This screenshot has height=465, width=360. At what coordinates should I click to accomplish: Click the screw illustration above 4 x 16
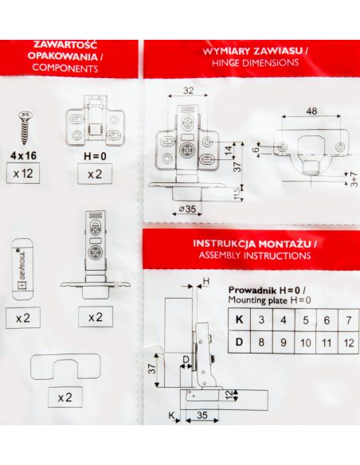pyautogui.click(x=25, y=128)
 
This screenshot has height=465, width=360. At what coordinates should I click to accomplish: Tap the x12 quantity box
pyautogui.click(x=23, y=174)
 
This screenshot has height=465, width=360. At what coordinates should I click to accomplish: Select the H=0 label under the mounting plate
pyautogui.click(x=95, y=156)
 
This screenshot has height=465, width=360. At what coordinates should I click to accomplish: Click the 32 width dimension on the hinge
pyautogui.click(x=188, y=91)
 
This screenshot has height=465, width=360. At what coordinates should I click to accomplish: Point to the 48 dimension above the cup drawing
pyautogui.click(x=311, y=111)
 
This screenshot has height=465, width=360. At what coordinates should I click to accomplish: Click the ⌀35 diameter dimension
pyautogui.click(x=187, y=209)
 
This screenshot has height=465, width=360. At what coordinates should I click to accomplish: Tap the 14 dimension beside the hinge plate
pyautogui.click(x=229, y=150)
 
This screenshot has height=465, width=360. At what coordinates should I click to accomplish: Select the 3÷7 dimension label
pyautogui.click(x=354, y=179)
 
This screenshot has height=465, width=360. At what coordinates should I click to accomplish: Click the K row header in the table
pyautogui.click(x=239, y=320)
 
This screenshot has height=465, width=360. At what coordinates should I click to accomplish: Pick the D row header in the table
pyautogui.click(x=239, y=342)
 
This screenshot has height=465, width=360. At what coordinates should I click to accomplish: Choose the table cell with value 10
pyautogui.click(x=305, y=342)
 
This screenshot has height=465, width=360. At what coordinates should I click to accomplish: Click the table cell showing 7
pyautogui.click(x=348, y=320)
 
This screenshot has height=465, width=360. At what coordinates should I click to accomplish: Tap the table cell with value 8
pyautogui.click(x=261, y=342)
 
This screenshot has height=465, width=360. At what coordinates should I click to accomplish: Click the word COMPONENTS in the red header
pyautogui.click(x=65, y=68)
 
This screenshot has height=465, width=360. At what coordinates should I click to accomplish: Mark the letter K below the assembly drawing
pyautogui.click(x=171, y=415)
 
